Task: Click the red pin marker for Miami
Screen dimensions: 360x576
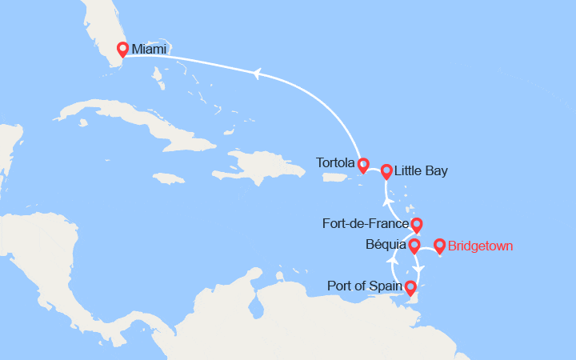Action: [122, 48]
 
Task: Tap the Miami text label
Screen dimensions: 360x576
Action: [150, 50]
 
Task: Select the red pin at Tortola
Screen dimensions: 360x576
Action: [363, 166]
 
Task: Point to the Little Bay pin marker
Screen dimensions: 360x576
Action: [386, 170]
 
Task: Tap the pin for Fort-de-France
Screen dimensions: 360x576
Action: [416, 225]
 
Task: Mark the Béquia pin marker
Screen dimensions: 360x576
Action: [414, 246]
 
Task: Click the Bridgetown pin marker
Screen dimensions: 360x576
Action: [439, 246]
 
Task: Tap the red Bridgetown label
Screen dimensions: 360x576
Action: [481, 246]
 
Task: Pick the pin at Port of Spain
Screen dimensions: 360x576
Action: [410, 287]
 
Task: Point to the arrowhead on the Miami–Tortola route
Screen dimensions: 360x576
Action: [256, 74]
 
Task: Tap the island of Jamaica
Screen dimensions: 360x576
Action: [177, 178]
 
